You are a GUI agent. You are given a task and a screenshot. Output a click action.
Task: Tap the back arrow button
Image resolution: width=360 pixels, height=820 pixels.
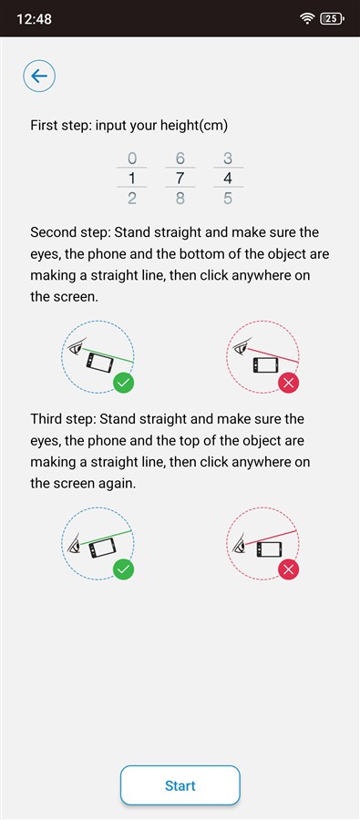click(x=39, y=77)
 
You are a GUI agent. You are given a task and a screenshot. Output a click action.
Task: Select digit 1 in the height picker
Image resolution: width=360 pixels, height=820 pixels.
click(x=132, y=179)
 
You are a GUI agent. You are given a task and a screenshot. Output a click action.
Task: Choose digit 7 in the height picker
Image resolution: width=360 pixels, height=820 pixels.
click(x=180, y=179)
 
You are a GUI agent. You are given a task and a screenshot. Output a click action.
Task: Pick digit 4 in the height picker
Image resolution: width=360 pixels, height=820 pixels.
click(x=228, y=179)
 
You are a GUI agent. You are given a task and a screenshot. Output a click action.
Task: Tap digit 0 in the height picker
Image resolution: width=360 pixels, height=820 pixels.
click(x=132, y=158)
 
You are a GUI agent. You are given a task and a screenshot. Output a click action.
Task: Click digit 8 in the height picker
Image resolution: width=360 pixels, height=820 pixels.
click(x=180, y=199)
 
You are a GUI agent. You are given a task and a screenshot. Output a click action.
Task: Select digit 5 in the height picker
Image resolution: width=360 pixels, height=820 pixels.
click(x=228, y=199)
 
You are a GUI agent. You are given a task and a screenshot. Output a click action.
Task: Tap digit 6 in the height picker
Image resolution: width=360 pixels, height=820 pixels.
click(x=180, y=158)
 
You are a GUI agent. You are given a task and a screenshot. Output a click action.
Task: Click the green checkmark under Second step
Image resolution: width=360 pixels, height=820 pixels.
click(x=123, y=384)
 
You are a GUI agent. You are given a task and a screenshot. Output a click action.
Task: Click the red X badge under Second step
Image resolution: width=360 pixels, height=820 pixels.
click(x=288, y=384)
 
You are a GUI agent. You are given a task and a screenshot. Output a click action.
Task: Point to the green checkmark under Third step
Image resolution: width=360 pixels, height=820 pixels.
click(x=123, y=569)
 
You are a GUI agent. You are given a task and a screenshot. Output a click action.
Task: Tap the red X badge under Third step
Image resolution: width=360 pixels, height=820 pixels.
click(x=288, y=569)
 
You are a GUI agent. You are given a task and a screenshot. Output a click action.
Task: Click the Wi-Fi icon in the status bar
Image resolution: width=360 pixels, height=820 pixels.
click(x=306, y=19)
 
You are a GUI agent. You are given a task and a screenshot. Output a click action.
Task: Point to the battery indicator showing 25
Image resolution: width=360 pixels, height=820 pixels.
click(x=332, y=19)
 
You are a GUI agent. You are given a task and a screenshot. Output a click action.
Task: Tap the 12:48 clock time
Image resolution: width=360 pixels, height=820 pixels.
click(x=35, y=19)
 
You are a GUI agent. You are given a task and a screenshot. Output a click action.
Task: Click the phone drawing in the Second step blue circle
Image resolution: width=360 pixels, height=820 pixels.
click(x=99, y=362)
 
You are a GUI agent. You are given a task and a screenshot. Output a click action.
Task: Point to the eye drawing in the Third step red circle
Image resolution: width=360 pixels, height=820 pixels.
click(x=239, y=543)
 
